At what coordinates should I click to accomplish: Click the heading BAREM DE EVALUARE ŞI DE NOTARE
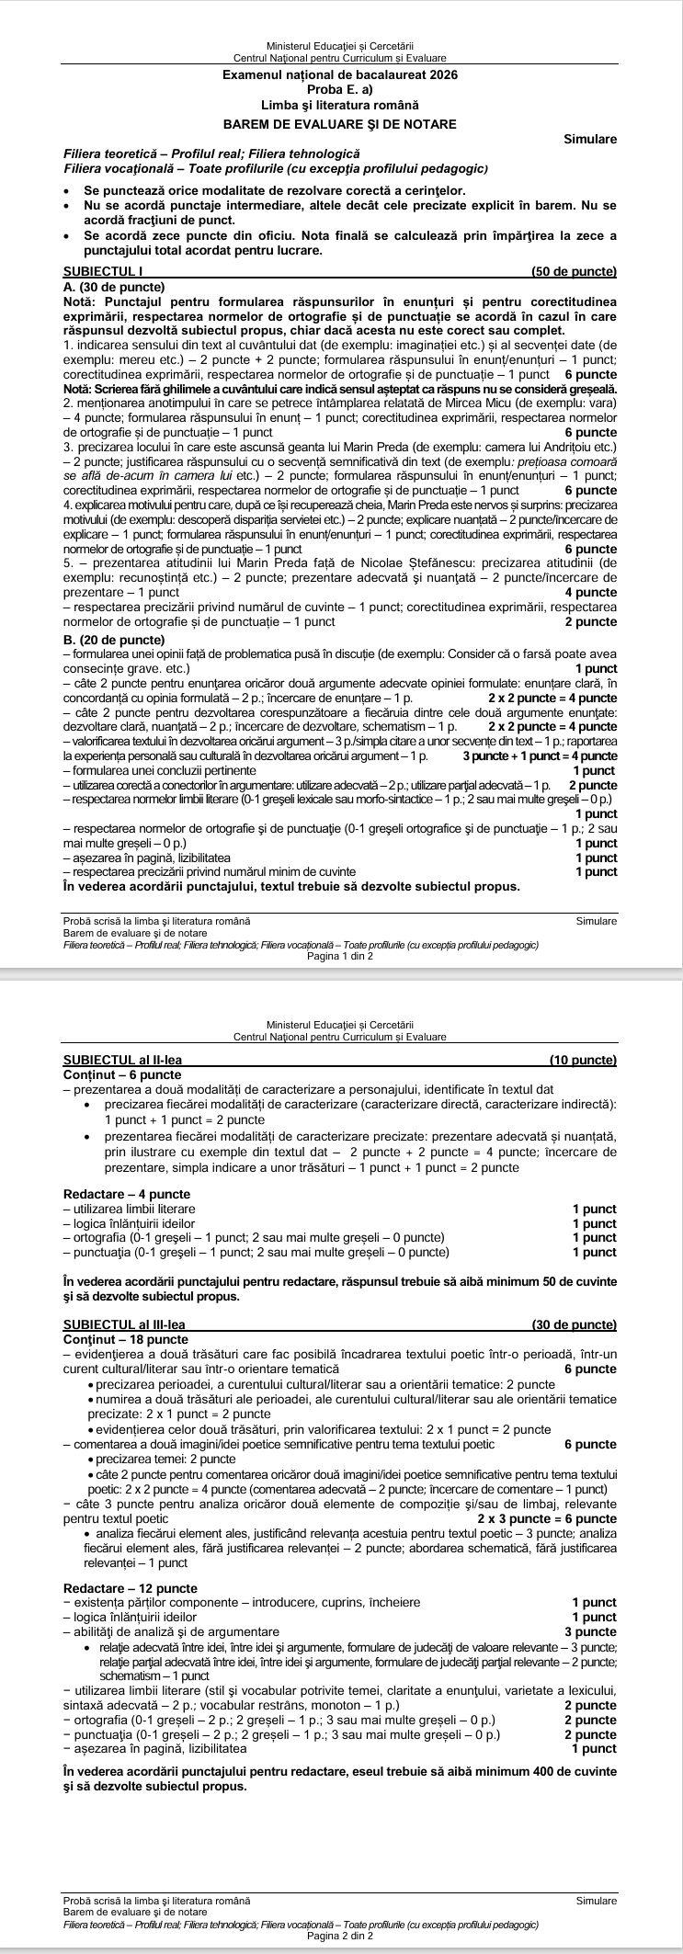[x=340, y=123]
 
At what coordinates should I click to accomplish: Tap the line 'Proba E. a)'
[x=340, y=89]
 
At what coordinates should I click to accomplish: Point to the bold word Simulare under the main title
[x=589, y=139]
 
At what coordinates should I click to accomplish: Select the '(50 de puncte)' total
[x=574, y=272]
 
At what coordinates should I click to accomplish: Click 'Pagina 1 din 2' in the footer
[x=340, y=956]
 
